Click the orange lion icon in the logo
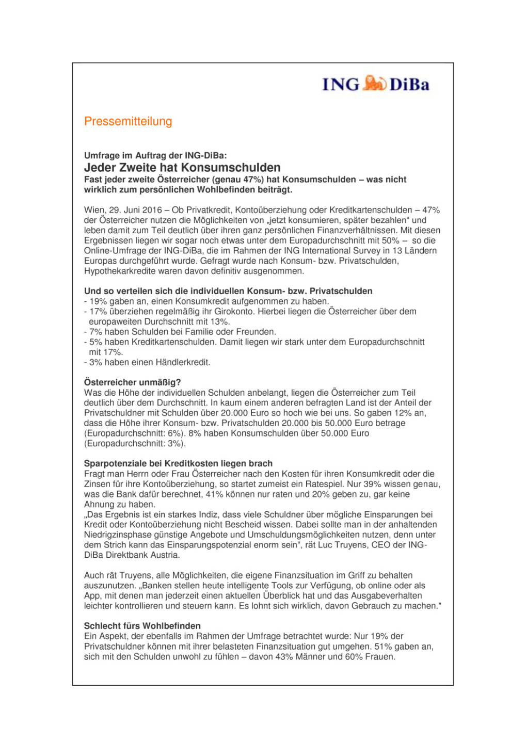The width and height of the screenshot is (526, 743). [374, 83]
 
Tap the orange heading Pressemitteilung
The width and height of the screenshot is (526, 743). [128, 121]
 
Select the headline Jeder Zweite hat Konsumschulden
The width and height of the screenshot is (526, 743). [182, 168]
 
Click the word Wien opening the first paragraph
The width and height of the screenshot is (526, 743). [93, 210]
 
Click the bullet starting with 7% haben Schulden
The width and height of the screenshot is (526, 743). [180, 332]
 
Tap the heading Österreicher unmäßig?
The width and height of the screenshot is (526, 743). [132, 382]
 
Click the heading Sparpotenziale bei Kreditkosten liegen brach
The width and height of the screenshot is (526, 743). [178, 463]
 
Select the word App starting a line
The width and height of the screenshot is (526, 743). [92, 595]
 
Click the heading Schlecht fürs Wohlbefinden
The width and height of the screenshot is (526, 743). [142, 626]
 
